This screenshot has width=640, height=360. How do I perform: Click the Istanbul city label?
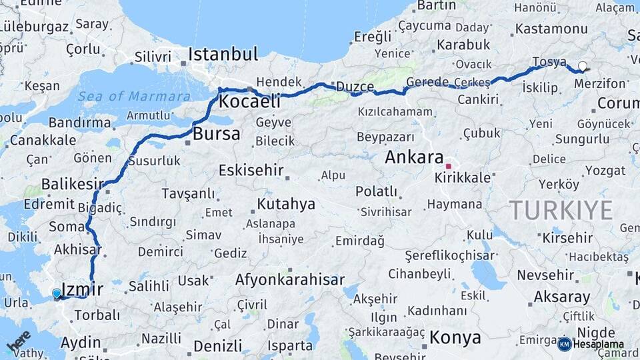pos(223,54)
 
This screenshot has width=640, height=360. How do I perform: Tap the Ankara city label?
pos(414,158)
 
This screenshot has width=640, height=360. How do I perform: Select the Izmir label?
pos(82,289)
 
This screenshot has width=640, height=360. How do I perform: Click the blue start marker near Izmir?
pos(57,293)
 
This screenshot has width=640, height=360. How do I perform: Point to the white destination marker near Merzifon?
pos(583,66)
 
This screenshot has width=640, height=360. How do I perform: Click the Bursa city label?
pos(216,133)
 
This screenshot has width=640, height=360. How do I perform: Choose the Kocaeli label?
pos(249,102)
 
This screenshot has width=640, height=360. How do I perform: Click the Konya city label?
pos(455,337)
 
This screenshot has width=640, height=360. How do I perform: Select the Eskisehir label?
pos(251,170)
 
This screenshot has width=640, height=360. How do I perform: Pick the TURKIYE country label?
pos(561,211)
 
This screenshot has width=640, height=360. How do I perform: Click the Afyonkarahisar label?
pos(290,279)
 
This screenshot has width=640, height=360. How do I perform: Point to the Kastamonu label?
pos(551,29)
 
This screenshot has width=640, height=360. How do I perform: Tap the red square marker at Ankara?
pos(449,166)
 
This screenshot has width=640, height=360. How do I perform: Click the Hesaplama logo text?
pos(598,345)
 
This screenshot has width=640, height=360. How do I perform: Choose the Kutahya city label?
pos(287,204)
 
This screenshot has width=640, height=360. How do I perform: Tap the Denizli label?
pos(218,345)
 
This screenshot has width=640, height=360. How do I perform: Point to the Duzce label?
pos(355,86)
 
